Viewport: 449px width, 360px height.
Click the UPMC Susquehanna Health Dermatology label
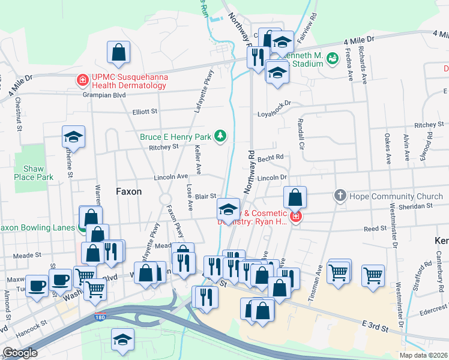[128, 81]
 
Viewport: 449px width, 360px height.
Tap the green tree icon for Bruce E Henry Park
[221, 136]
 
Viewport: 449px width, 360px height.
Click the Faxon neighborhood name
[128, 191]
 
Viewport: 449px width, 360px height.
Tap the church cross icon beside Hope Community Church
[340, 196]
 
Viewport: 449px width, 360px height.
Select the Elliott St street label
[145, 112]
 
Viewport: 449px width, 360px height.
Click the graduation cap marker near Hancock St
[123, 340]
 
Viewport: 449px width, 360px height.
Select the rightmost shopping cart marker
[373, 276]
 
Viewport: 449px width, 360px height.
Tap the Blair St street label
[205, 196]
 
